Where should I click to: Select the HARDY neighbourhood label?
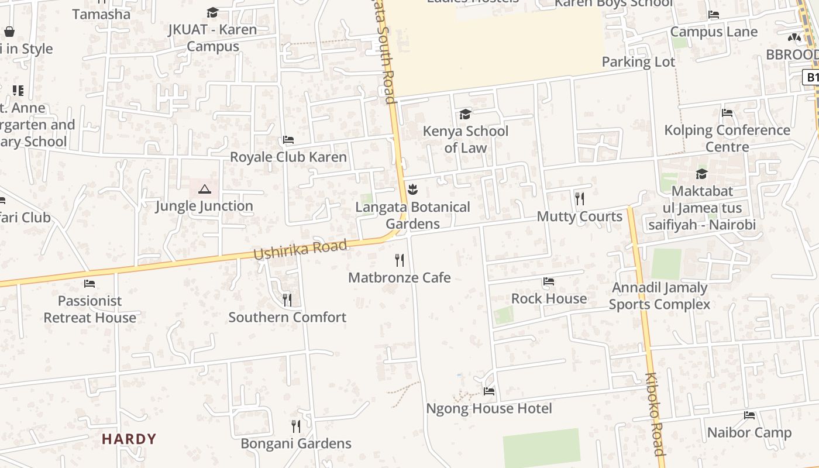tap(129, 439)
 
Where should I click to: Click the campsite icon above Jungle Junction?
tap(204, 189)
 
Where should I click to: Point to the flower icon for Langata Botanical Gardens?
tap(412, 189)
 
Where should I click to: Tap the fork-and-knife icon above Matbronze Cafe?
tap(400, 260)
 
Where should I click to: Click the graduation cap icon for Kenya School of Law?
tap(465, 113)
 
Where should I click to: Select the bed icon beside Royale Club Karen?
tap(288, 140)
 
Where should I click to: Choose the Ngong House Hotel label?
tap(489, 408)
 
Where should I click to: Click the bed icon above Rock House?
tap(549, 281)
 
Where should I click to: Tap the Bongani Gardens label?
tap(296, 443)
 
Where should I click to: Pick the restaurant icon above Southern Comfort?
tap(287, 300)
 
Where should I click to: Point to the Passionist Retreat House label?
tap(90, 309)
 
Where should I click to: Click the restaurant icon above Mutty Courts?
tap(580, 199)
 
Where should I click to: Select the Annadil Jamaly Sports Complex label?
tap(659, 296)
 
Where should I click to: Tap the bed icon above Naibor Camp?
tap(749, 415)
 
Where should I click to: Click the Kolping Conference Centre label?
tap(727, 138)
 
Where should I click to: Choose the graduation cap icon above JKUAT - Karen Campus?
tap(212, 13)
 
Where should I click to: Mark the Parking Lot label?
tap(638, 61)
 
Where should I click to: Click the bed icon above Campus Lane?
tap(714, 15)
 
